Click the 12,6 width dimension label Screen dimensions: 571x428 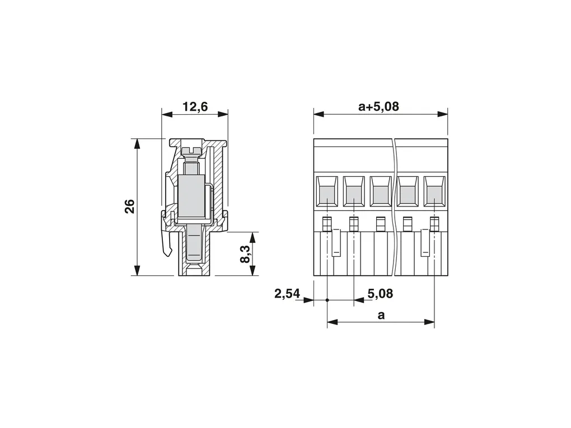[195, 107]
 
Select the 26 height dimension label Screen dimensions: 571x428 [130, 206]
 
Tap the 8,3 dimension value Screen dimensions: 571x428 [245, 253]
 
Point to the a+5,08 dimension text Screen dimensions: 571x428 [379, 106]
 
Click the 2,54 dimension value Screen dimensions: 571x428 [287, 293]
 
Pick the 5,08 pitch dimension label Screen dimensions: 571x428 [380, 293]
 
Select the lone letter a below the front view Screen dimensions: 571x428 [381, 315]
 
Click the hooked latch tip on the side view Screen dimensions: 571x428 [167, 251]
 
